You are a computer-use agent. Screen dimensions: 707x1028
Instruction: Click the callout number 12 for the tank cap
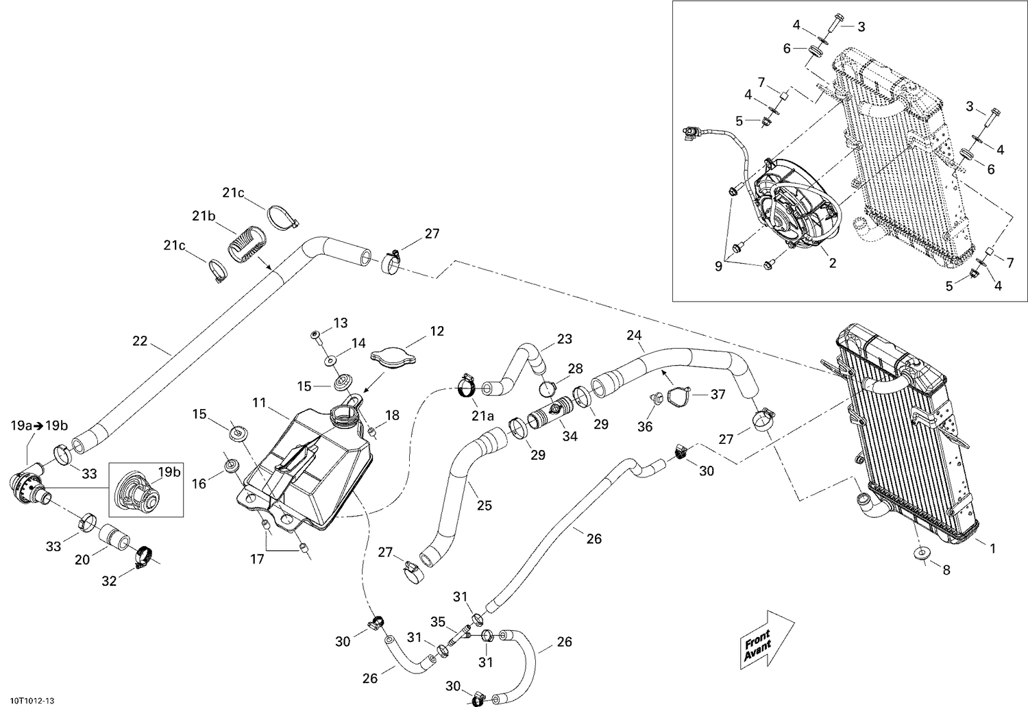(437, 332)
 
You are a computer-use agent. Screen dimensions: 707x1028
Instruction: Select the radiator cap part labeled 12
(394, 357)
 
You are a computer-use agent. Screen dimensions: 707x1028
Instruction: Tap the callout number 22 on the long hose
(140, 340)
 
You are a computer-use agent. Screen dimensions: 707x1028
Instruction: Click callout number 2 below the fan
(832, 263)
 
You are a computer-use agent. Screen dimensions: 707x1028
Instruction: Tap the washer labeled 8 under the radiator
(920, 554)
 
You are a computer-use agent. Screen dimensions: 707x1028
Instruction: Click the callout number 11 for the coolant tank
(258, 403)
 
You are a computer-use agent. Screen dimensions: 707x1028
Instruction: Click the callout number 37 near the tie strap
(717, 394)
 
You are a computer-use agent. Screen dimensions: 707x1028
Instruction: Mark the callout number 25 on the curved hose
(484, 506)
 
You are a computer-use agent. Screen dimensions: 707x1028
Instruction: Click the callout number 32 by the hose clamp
(109, 581)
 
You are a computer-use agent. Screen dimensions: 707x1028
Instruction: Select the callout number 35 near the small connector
(437, 621)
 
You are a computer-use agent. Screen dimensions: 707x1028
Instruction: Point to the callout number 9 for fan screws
(718, 266)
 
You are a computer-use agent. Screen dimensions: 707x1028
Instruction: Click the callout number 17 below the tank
(257, 559)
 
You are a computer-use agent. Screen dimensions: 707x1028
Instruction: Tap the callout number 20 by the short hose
(82, 560)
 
